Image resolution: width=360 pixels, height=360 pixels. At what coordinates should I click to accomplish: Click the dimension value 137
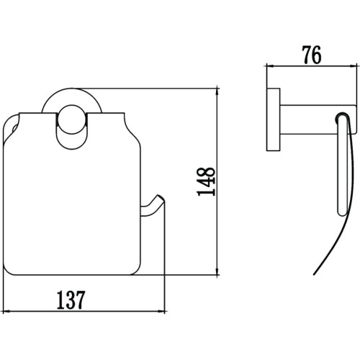click(x=71, y=300)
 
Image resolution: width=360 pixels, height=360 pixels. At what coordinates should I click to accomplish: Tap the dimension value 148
click(x=206, y=181)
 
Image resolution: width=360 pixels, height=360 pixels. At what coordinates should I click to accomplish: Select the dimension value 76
click(x=312, y=55)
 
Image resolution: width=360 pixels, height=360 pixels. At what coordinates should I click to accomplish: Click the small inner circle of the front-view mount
click(x=71, y=120)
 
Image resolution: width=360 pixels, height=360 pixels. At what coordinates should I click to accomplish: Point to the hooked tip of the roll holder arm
click(x=161, y=197)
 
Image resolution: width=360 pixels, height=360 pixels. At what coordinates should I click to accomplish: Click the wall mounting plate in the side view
click(x=274, y=120)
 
